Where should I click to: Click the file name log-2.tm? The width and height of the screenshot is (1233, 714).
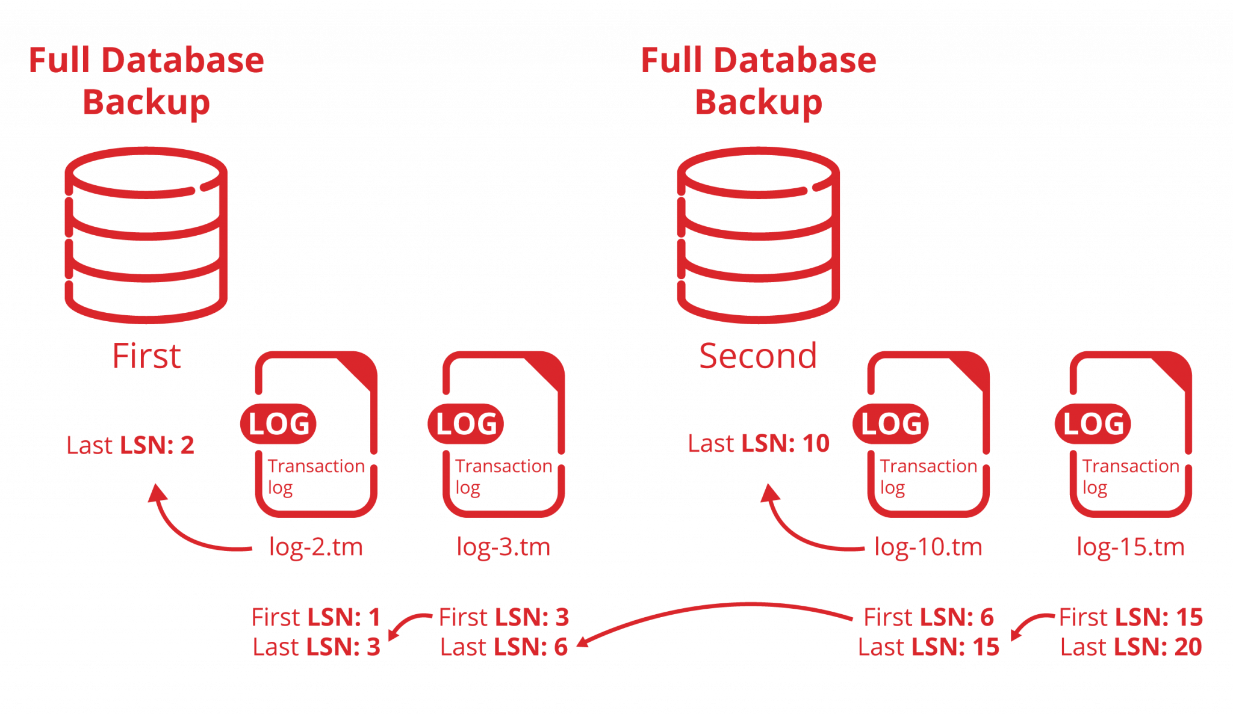[x=315, y=547]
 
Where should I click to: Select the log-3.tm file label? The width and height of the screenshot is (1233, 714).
[x=504, y=547]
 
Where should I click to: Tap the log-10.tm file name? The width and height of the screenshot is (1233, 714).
[x=928, y=547]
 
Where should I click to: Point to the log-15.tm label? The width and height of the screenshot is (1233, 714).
[x=1130, y=547]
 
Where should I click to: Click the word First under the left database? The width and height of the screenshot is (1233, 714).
[x=146, y=356]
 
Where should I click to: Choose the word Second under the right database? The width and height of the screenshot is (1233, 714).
[x=758, y=355]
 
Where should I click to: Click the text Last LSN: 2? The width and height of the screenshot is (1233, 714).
[x=130, y=446]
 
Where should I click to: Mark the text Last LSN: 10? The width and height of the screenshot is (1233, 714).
[x=759, y=444]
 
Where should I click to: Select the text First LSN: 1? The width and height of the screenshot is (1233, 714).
[x=316, y=618]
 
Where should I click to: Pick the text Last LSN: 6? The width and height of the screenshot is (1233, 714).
[x=504, y=648]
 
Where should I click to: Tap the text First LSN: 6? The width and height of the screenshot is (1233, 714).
[x=928, y=618]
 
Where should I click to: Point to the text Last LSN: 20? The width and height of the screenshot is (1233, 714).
[x=1131, y=648]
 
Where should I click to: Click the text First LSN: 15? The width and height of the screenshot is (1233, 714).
[x=1131, y=618]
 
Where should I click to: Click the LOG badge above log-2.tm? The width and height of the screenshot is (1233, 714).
[x=279, y=424]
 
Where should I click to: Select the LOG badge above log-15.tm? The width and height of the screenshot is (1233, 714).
[x=1093, y=424]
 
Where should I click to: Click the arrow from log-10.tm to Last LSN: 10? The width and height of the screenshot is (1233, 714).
[x=795, y=529]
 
